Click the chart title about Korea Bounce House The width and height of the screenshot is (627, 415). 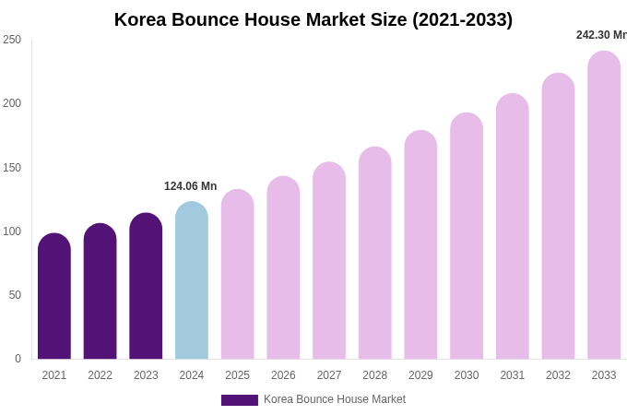click(313, 19)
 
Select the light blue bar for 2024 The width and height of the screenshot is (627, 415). click(192, 281)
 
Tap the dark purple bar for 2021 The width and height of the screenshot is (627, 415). click(54, 297)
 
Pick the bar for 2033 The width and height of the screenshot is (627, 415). click(604, 206)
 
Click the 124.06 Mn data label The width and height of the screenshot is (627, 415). click(190, 186)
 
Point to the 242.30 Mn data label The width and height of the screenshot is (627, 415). click(601, 35)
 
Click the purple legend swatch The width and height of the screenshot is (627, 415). click(239, 400)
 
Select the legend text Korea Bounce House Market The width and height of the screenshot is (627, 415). click(335, 399)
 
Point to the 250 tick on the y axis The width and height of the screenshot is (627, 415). click(12, 40)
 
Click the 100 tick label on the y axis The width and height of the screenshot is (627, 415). click(12, 231)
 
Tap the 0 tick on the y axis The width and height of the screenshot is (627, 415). click(18, 359)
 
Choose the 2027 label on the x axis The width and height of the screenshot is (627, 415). click(329, 375)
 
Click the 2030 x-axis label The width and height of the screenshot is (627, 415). click(467, 375)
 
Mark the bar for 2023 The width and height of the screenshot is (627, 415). click(146, 287)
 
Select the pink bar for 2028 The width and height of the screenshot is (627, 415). click(375, 254)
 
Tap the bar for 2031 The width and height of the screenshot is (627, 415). click(513, 227)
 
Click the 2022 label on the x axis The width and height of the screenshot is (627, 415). click(101, 375)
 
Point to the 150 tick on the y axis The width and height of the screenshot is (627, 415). click(12, 168)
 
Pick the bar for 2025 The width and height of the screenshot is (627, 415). click(238, 275)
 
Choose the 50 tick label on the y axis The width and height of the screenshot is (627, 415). click(15, 295)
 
